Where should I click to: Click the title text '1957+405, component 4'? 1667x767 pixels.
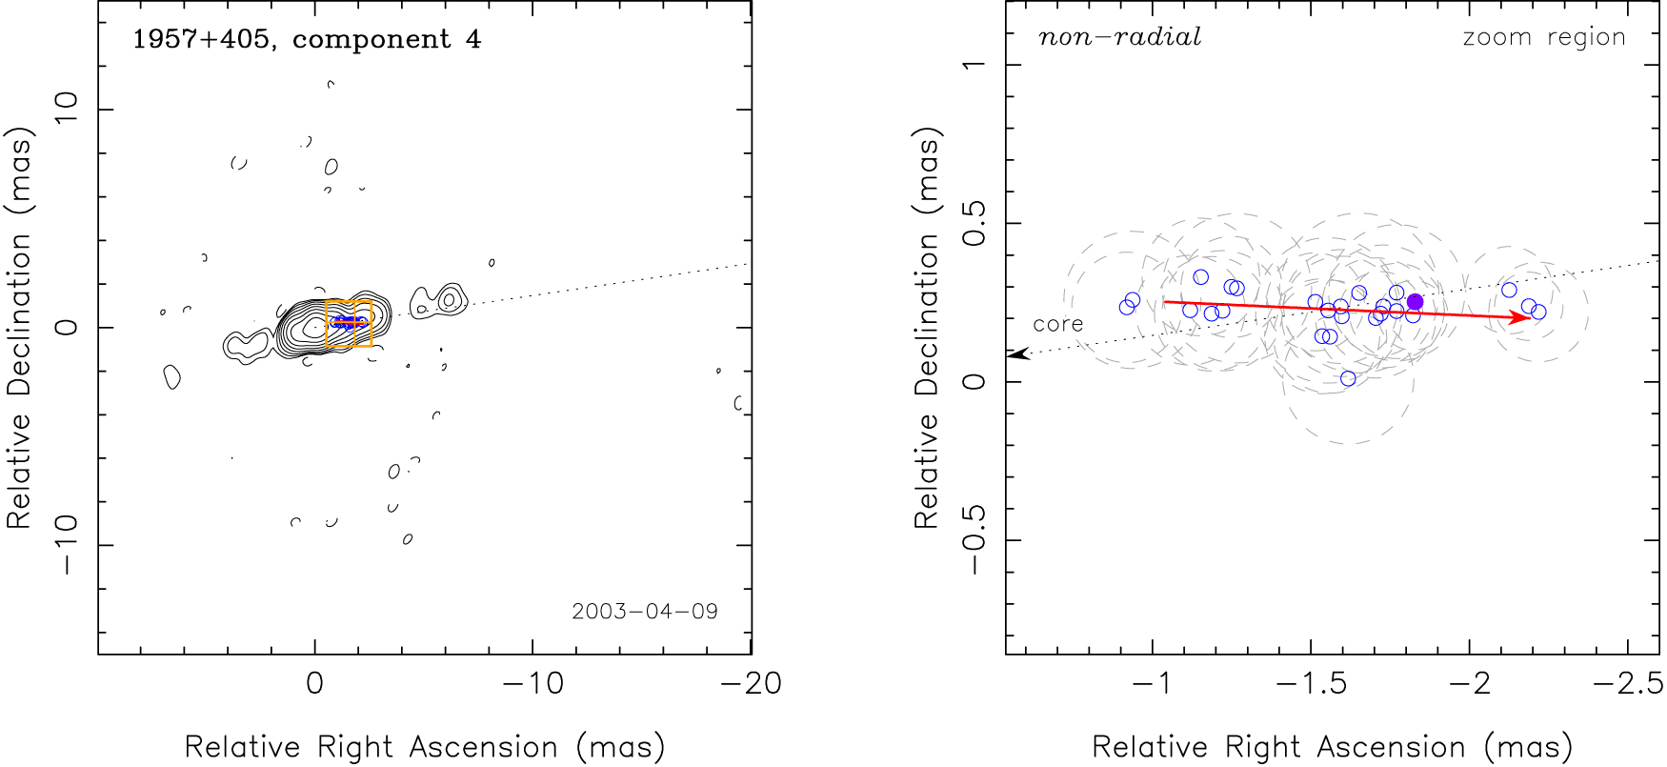point(306,39)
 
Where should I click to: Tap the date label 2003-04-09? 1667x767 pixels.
point(645,611)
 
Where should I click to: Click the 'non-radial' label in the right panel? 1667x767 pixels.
point(1119,37)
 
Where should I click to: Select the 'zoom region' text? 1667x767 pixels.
point(1543,37)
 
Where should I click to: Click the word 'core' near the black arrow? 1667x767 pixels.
point(1058,324)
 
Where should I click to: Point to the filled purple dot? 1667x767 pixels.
point(1415,302)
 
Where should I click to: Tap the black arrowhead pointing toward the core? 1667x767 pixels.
point(1017,354)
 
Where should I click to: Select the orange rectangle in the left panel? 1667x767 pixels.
point(349,324)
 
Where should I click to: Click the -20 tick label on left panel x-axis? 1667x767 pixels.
point(751,683)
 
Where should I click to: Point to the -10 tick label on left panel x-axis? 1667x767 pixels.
point(532,683)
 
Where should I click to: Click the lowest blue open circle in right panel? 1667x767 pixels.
point(1348,378)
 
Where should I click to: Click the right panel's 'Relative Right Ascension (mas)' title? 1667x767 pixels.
point(1332,747)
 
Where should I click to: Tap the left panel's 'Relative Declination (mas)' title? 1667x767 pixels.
point(19,328)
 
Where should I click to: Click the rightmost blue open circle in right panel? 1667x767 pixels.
point(1538,312)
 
